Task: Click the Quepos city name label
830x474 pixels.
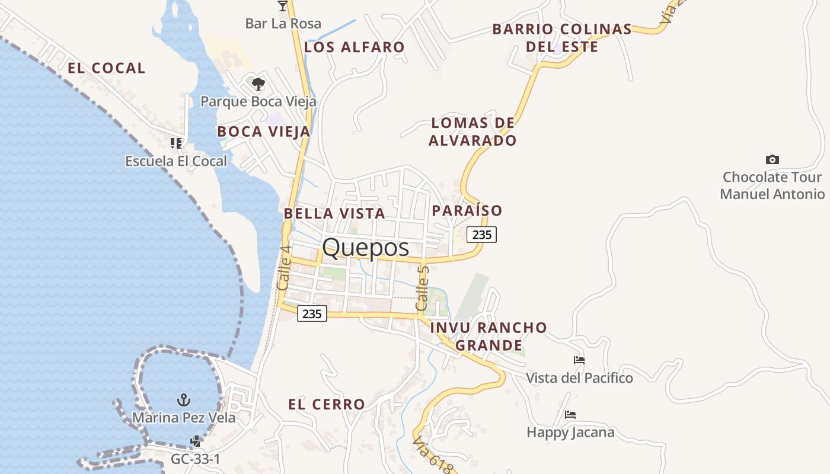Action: [366, 247]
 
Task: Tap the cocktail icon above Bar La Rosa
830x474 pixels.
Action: [283, 6]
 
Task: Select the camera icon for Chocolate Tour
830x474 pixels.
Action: [772, 159]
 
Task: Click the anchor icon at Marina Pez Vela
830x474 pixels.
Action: [184, 400]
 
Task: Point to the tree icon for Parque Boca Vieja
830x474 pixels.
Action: [258, 84]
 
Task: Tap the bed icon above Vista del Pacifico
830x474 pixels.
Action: [579, 360]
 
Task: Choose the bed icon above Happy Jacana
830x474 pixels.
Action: [570, 414]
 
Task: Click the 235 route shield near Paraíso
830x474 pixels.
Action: [481, 235]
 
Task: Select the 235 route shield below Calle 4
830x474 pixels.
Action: [311, 313]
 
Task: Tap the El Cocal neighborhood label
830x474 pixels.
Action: [107, 68]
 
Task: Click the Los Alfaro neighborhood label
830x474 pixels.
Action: [355, 47]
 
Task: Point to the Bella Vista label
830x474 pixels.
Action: [334, 213]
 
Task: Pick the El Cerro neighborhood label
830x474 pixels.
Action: [327, 405]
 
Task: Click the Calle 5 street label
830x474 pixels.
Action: [423, 288]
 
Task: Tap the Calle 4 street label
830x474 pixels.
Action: [283, 268]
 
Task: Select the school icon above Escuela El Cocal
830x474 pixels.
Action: [175, 143]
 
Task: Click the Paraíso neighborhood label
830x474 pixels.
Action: [467, 210]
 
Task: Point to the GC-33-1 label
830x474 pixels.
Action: [196, 459]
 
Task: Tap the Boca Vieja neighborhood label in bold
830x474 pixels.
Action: [264, 132]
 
